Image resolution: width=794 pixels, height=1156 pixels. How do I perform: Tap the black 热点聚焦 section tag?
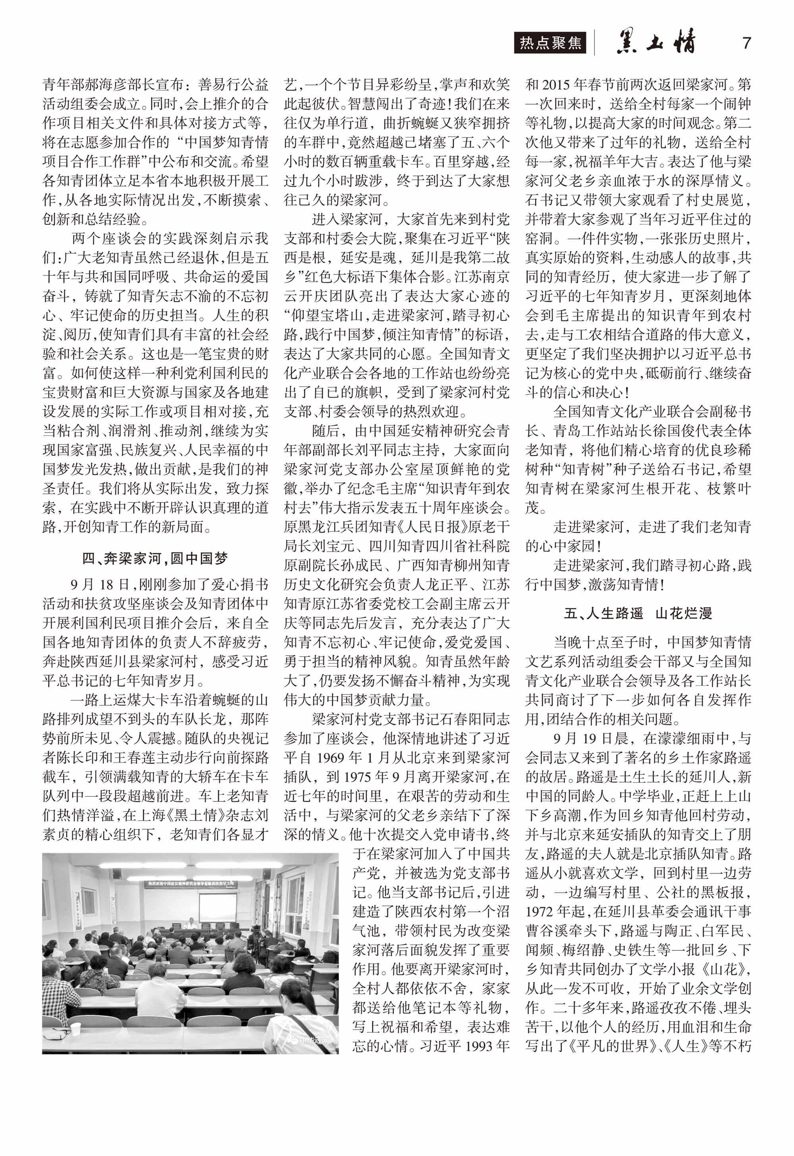coord(550,43)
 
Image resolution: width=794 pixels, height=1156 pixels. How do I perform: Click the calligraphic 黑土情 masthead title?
coord(656,43)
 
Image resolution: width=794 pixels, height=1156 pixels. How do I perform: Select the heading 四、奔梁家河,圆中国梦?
coord(155,558)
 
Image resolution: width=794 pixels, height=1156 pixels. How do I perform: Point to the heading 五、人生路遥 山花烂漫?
coord(638,613)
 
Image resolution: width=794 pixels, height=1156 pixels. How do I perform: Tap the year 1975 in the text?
coord(360,777)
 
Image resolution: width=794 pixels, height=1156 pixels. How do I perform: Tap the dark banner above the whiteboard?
coord(191,884)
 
